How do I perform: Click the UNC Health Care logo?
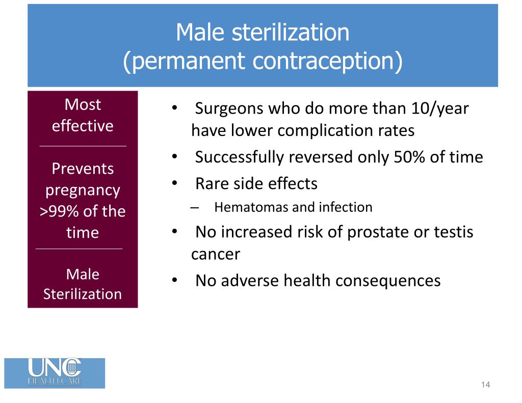click(55, 373)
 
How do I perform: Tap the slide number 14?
click(485, 385)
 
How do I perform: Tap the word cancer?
click(215, 254)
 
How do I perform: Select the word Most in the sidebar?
click(83, 104)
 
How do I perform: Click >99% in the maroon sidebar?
click(58, 211)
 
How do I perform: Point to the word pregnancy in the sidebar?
click(83, 190)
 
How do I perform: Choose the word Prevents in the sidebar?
click(83, 169)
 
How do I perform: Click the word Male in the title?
click(201, 33)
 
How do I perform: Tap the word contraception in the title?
click(327, 61)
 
